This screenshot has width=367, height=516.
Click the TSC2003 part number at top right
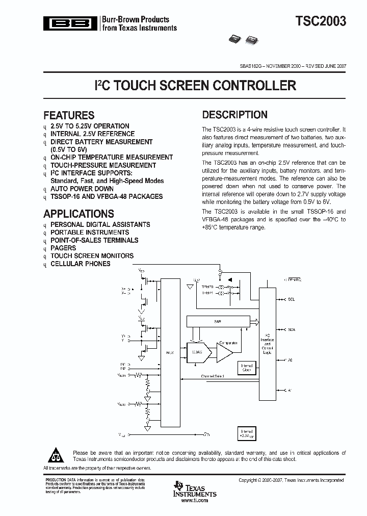coord(321,21)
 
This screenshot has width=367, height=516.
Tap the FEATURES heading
coord(69,115)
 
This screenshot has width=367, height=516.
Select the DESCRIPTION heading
coord(234,115)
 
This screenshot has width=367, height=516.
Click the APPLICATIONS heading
coord(78,214)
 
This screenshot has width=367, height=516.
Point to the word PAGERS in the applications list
coord(63,248)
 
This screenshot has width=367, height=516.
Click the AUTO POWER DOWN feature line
coord(82,189)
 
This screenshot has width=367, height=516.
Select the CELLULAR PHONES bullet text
coord(80,264)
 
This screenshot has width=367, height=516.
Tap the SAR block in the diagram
coord(218,321)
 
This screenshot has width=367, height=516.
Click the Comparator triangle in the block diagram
coord(224,352)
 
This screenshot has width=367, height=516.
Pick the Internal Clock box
coord(246,367)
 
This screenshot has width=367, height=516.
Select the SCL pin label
coord(291,299)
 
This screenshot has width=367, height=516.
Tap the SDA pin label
coord(292,330)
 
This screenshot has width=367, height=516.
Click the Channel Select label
coord(212,376)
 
